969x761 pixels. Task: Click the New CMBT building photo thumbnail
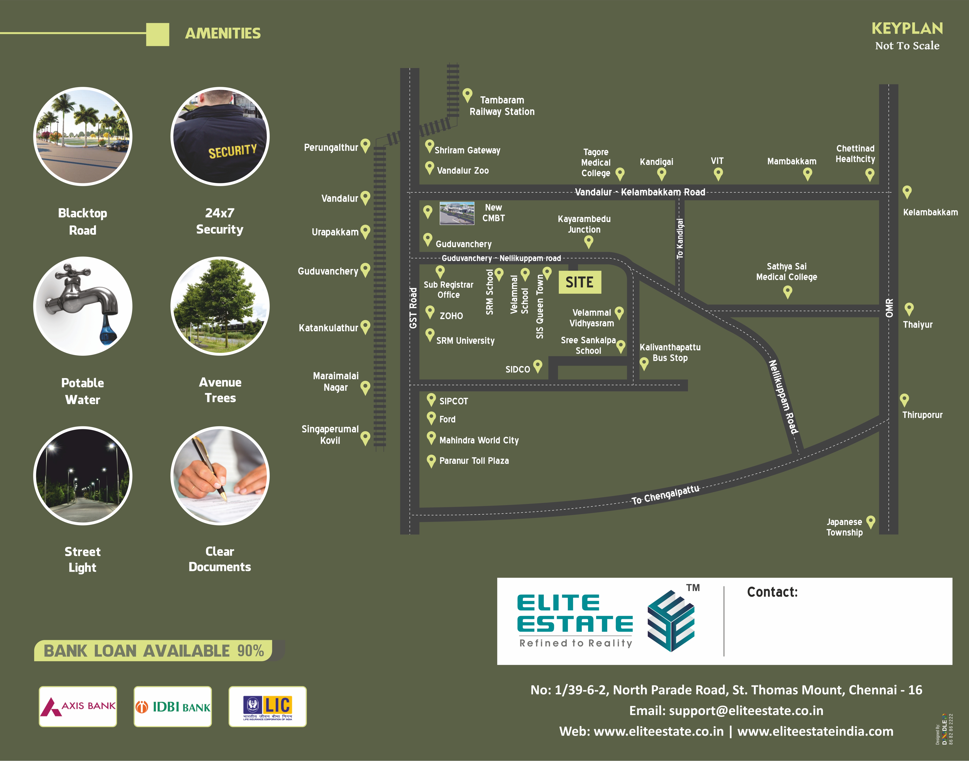point(457,213)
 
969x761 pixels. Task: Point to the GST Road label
point(413,308)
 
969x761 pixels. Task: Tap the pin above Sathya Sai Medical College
point(787,292)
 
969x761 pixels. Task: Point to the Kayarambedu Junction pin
point(589,242)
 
